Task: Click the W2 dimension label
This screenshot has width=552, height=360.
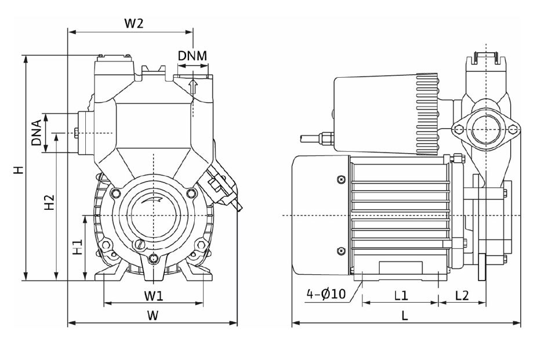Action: [133, 24]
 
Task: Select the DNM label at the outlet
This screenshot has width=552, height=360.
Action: [193, 56]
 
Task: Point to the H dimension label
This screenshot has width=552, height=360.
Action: [19, 170]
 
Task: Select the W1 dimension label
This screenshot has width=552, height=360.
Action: [153, 296]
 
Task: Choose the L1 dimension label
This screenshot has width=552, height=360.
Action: [401, 295]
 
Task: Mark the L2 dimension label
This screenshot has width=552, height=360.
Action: [462, 295]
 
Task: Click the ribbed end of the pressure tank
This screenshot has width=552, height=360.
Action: [426, 115]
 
